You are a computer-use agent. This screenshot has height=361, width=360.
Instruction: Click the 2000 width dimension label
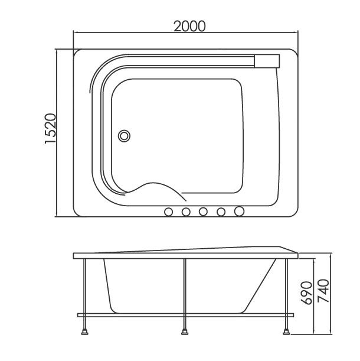click(189, 26)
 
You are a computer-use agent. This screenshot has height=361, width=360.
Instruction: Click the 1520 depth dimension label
click(50, 128)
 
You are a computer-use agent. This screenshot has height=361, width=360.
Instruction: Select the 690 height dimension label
click(307, 292)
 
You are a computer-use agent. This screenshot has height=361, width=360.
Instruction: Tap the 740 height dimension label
click(323, 291)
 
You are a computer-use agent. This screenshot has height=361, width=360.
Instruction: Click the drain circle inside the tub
click(124, 136)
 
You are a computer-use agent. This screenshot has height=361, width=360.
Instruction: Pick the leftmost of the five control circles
click(169, 212)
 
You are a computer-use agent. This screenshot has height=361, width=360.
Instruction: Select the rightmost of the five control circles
click(239, 211)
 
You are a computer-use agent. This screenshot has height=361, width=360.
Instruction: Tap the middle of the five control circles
click(203, 212)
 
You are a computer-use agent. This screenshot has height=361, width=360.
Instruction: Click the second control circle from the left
click(186, 212)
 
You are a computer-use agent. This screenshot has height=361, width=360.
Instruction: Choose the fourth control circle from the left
click(221, 212)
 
